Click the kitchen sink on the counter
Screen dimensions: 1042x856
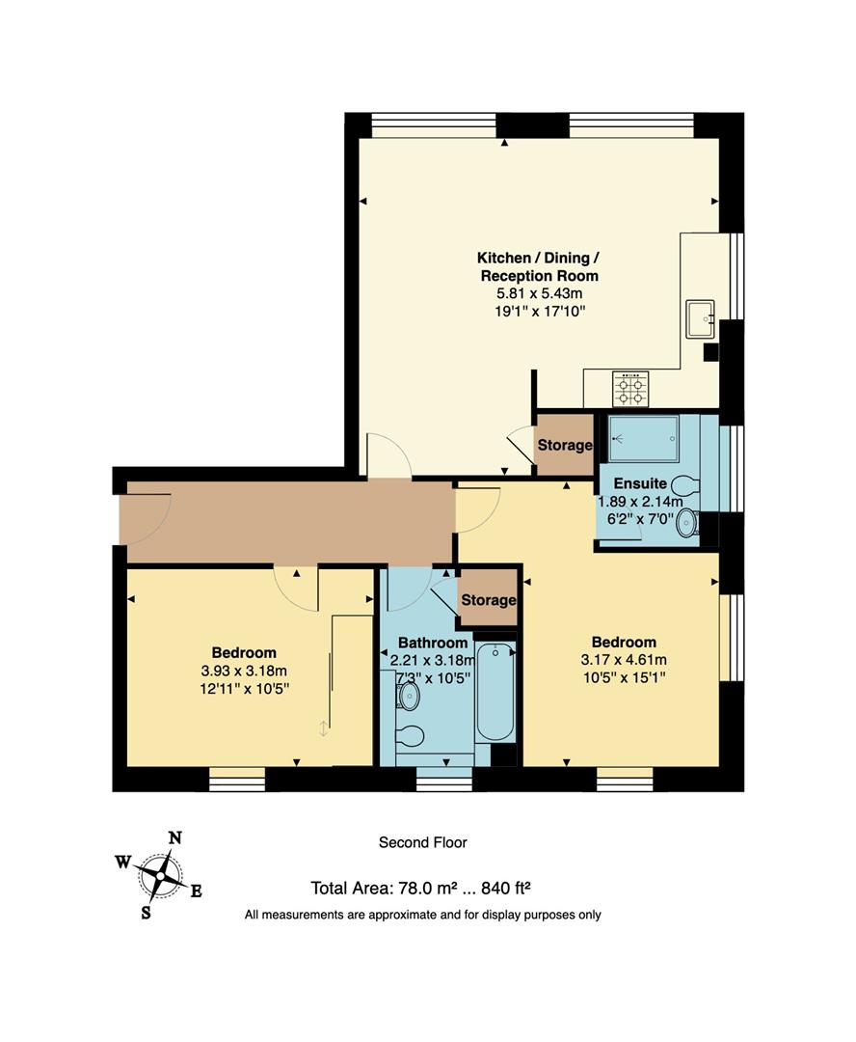[701, 318]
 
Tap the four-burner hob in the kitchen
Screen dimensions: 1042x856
[631, 389]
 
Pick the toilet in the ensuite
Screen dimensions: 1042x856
[685, 483]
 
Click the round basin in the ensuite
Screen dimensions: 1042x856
[686, 523]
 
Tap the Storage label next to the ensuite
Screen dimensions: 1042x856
[564, 446]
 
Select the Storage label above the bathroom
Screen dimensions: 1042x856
[488, 600]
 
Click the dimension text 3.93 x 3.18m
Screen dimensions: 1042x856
[244, 671]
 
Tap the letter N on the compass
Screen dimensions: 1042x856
[174, 837]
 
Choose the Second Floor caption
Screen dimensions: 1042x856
[422, 842]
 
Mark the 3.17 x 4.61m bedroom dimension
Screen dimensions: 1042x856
[624, 660]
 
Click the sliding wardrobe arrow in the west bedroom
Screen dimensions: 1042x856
[324, 729]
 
